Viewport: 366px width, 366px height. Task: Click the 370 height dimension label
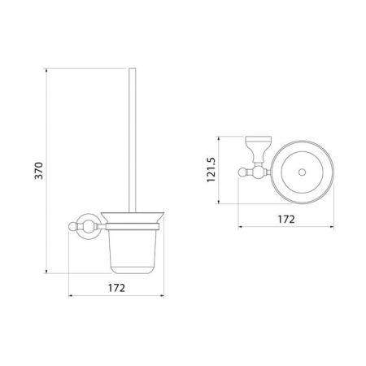pos(39,171)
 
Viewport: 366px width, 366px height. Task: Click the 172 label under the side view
pos(116,288)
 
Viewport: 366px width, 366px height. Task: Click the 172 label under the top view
pos(286,219)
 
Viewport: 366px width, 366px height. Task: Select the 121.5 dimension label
pos(211,170)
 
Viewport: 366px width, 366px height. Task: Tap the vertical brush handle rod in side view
pos(133,140)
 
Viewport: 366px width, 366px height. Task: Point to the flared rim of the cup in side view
pos(133,218)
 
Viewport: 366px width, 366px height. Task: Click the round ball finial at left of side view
pos(72,226)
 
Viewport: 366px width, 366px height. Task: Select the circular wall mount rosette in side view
pos(88,227)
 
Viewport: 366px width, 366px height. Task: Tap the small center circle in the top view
pos(302,172)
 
